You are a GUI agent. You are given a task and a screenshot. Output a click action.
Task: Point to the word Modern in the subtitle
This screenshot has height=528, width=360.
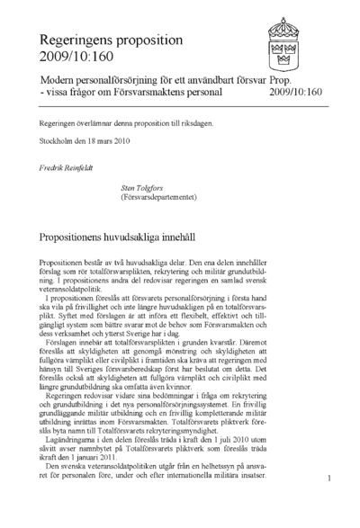[x=59, y=77]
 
